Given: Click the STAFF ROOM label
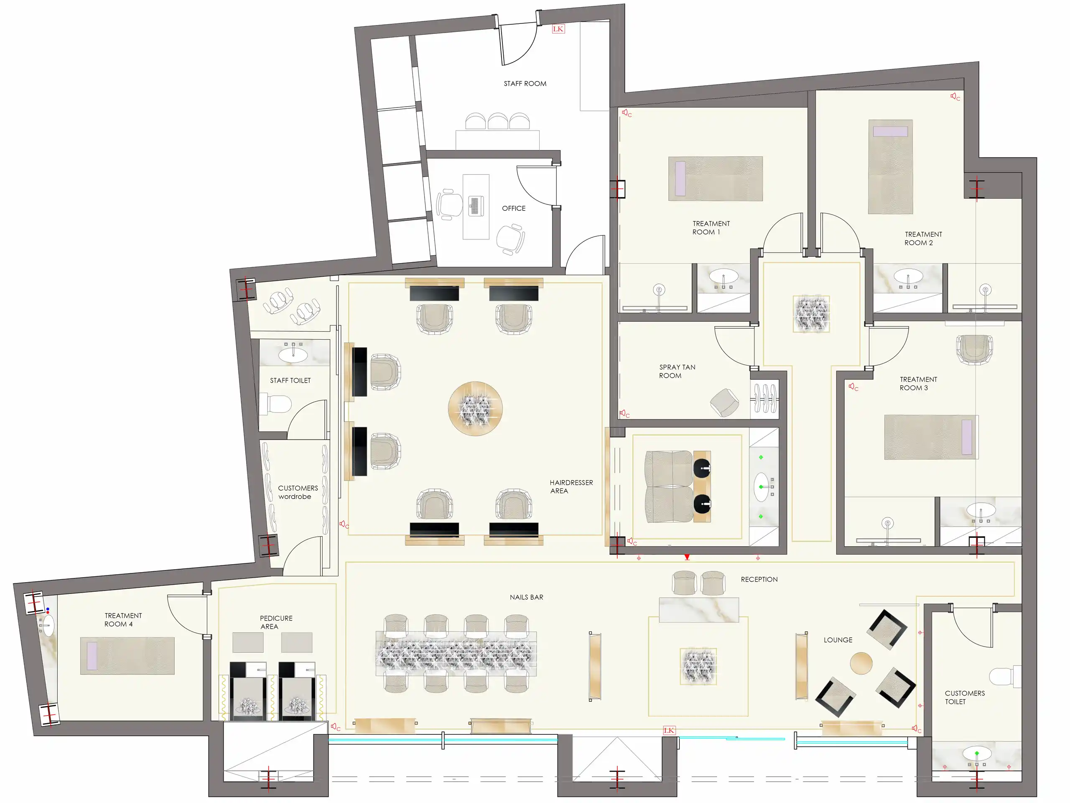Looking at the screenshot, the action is pyautogui.click(x=525, y=84).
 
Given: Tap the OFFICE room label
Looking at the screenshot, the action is pyautogui.click(x=513, y=208).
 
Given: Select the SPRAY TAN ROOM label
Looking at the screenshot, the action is pyautogui.click(x=677, y=371).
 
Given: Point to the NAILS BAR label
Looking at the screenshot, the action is pyautogui.click(x=526, y=597).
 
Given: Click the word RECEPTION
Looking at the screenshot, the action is pyautogui.click(x=759, y=579).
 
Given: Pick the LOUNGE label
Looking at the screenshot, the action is pyautogui.click(x=838, y=640).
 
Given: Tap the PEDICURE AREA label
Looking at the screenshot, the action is pyautogui.click(x=276, y=622).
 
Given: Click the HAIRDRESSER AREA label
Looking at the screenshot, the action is pyautogui.click(x=571, y=486).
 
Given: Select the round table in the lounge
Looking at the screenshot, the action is pyautogui.click(x=861, y=663).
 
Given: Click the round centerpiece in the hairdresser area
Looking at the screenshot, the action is pyautogui.click(x=475, y=409).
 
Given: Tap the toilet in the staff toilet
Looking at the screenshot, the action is pyautogui.click(x=276, y=404).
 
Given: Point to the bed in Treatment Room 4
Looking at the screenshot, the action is pyautogui.click(x=127, y=656).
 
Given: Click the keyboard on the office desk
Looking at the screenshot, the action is pyautogui.click(x=475, y=206).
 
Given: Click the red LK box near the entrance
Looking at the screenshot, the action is pyautogui.click(x=669, y=730).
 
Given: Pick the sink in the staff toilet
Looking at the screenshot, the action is pyautogui.click(x=293, y=355).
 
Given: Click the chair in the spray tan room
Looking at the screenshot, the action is pyautogui.click(x=725, y=402).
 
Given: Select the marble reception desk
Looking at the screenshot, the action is pyautogui.click(x=699, y=610).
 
